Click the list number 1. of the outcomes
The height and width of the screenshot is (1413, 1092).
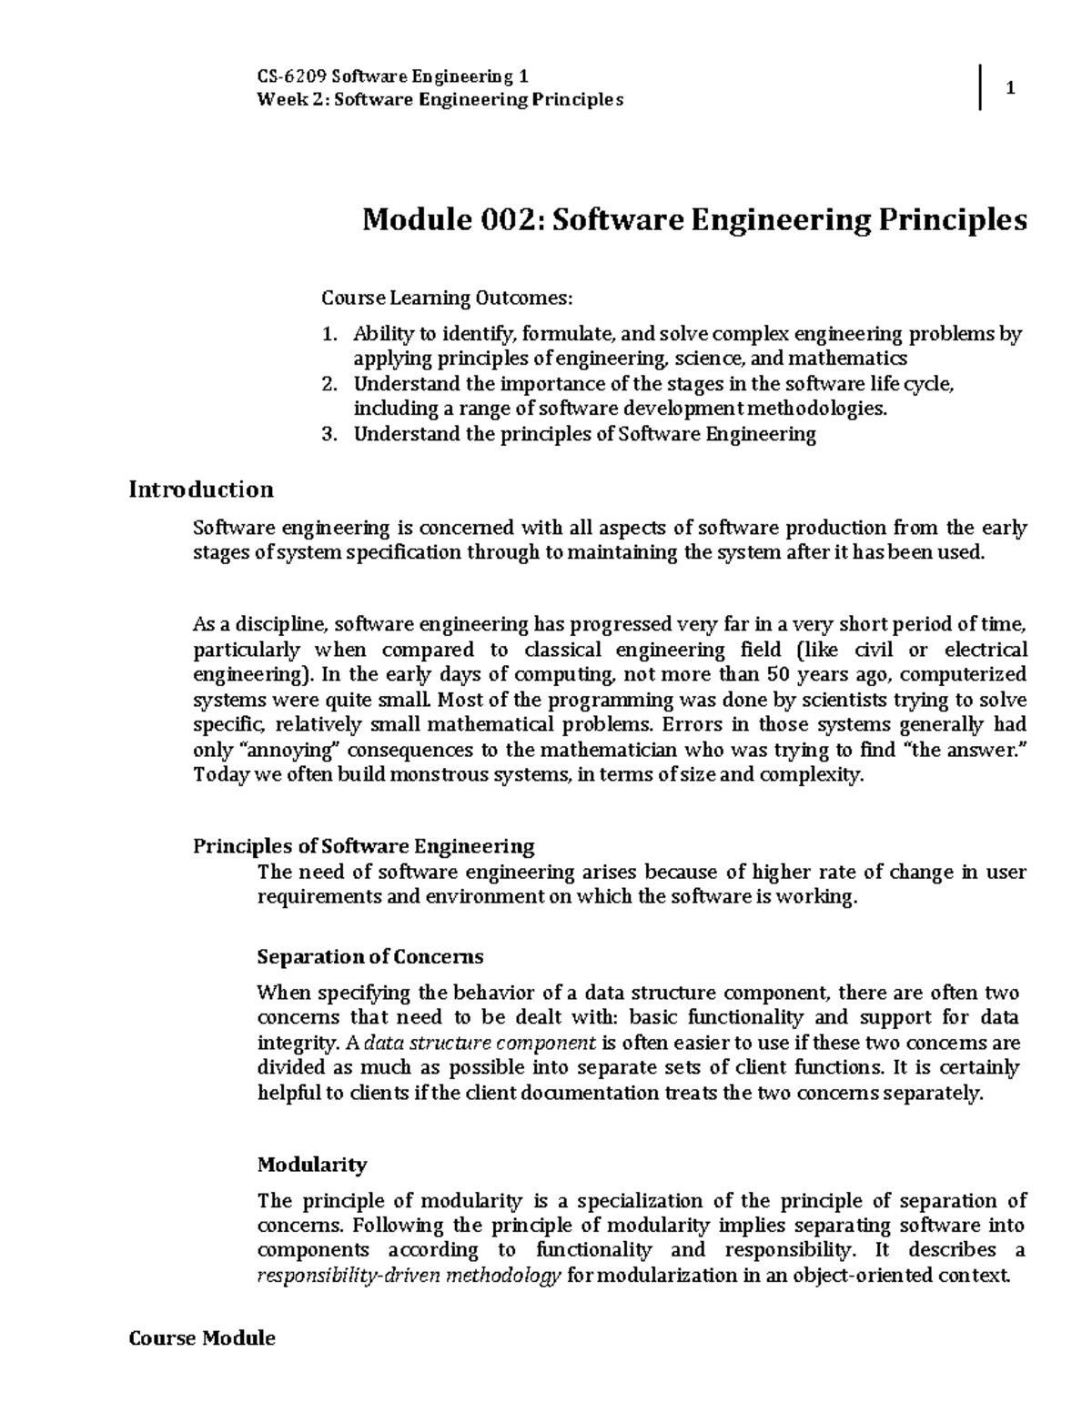[x=329, y=334]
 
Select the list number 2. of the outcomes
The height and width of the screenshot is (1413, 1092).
[x=329, y=384]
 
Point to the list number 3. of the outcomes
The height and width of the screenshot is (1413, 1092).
[x=329, y=434]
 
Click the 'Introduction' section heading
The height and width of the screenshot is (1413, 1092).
[x=201, y=490]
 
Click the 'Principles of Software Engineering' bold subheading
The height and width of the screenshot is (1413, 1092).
[x=364, y=846]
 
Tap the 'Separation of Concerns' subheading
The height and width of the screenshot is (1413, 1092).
[x=370, y=956]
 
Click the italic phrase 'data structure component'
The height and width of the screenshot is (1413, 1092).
[x=486, y=1043]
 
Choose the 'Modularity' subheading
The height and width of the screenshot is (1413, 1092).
[x=312, y=1164]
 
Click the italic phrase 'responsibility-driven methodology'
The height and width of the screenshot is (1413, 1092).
[x=409, y=1276]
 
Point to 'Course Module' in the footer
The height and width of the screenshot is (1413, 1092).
[x=202, y=1338]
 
